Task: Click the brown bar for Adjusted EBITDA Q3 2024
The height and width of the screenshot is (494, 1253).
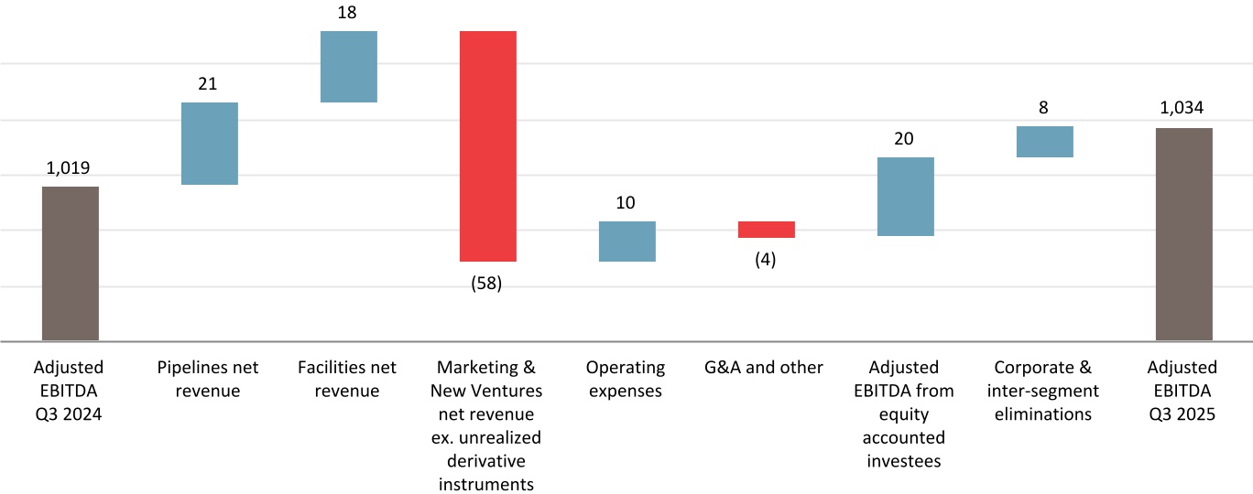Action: (x=71, y=263)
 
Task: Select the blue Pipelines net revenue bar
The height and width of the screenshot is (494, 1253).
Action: (x=210, y=144)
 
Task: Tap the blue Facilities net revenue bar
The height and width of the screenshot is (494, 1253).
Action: (x=349, y=67)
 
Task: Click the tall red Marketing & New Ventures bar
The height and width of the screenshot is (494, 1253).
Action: (x=488, y=146)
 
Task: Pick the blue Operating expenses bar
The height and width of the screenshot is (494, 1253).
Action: (x=627, y=242)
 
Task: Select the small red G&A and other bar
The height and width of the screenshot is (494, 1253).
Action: (x=767, y=230)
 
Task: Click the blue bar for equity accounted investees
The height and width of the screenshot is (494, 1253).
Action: (x=906, y=197)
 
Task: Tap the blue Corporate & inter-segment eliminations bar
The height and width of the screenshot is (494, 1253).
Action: (x=1045, y=142)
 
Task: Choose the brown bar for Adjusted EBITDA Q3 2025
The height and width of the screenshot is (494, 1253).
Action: (x=1184, y=234)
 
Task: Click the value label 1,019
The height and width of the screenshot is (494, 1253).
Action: (x=71, y=168)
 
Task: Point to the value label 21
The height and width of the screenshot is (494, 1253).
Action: (x=208, y=84)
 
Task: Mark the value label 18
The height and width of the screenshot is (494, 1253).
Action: (x=347, y=13)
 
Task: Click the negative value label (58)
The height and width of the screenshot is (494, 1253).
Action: (x=486, y=284)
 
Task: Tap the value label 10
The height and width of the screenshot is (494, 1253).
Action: (x=626, y=203)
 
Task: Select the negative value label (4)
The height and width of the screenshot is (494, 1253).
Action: (x=766, y=260)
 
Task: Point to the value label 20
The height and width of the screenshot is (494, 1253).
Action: (x=904, y=139)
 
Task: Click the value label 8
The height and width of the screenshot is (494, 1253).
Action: (x=1044, y=108)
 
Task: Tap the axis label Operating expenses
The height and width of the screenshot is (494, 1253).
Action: (x=626, y=379)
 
